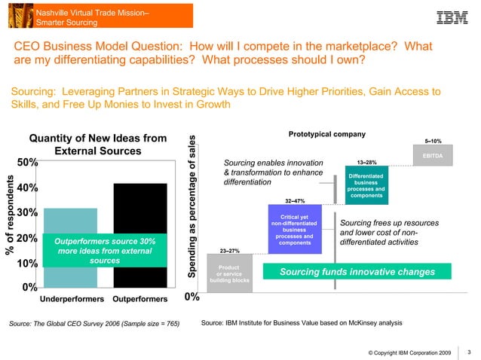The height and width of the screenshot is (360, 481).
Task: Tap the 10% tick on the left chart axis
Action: (28, 264)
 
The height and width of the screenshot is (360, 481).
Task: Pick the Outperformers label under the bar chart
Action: (139, 299)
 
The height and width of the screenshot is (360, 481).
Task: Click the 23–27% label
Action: (229, 251)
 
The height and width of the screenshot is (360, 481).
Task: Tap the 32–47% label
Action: (294, 201)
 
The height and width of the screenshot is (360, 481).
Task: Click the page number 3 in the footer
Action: (469, 350)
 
